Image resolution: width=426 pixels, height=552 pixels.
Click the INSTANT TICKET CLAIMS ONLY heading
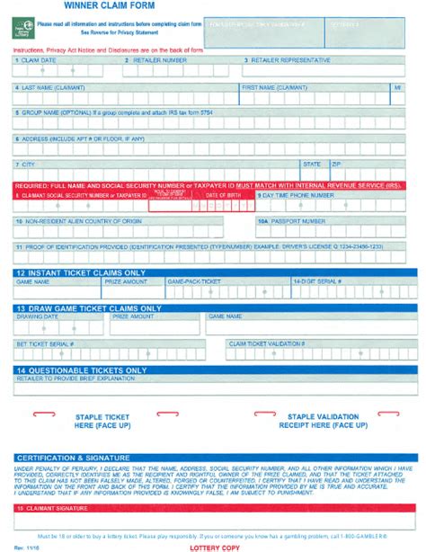point(81,272)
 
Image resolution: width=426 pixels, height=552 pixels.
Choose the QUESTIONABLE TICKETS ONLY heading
point(81,369)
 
